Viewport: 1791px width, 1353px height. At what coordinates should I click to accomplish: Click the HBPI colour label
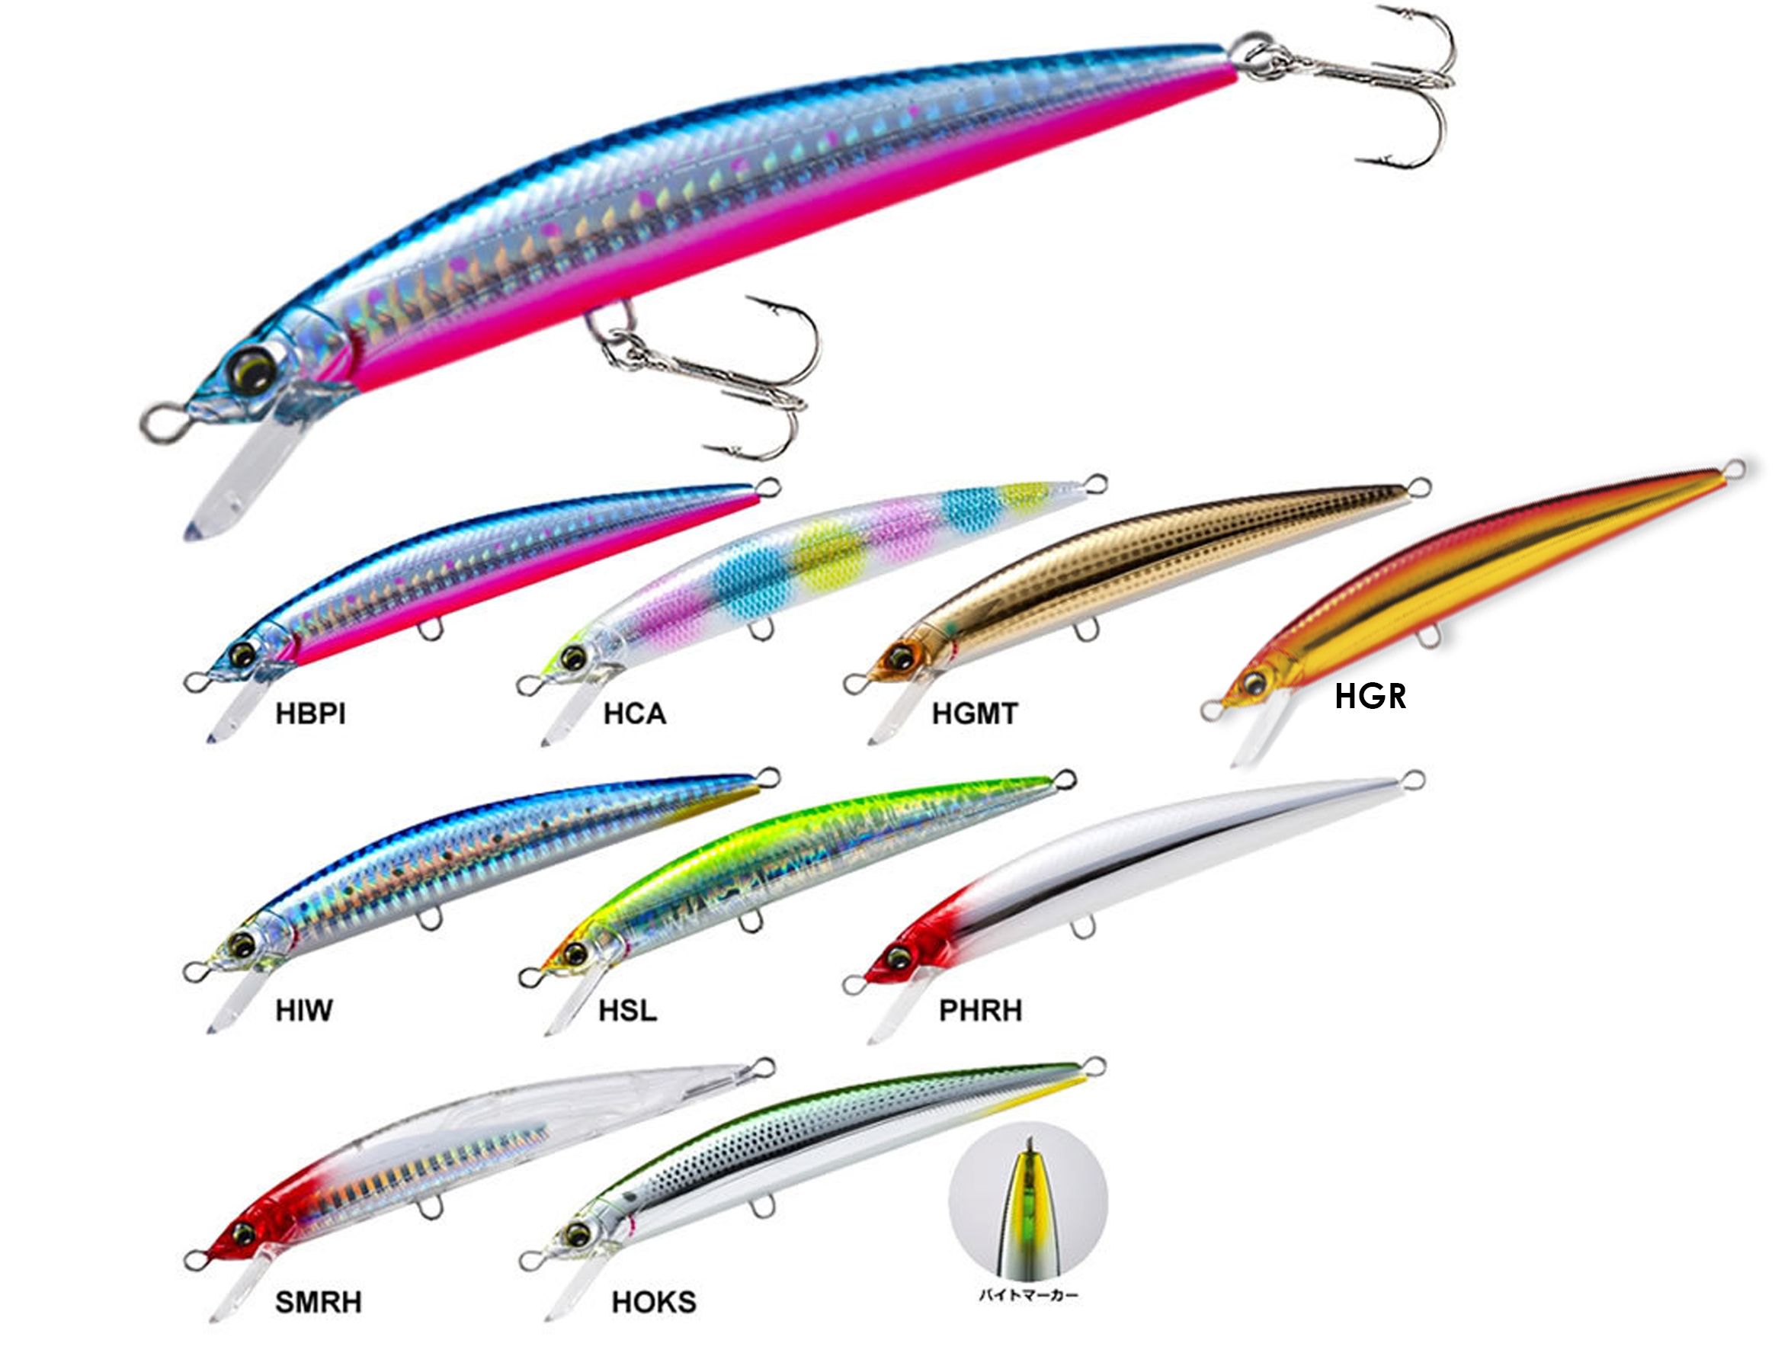click(310, 713)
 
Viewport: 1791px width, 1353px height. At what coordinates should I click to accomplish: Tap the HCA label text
click(635, 713)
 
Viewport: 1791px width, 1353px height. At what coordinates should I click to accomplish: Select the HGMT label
click(975, 713)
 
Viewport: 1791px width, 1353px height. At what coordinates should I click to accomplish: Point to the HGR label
click(1370, 697)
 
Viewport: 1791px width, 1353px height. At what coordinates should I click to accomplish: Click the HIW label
click(303, 1011)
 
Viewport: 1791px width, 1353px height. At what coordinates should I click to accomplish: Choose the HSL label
click(627, 1011)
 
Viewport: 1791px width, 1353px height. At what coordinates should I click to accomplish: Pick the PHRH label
click(981, 1011)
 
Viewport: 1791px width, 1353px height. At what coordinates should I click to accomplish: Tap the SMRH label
click(319, 1302)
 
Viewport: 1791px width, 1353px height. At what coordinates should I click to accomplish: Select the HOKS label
click(653, 1302)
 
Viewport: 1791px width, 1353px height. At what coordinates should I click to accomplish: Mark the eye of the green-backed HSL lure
click(575, 954)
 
